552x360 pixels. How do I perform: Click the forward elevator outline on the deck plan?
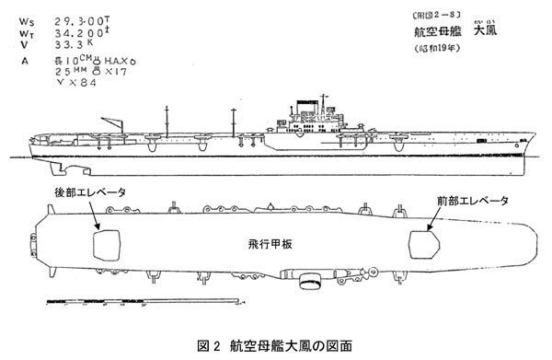[x=426, y=244]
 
